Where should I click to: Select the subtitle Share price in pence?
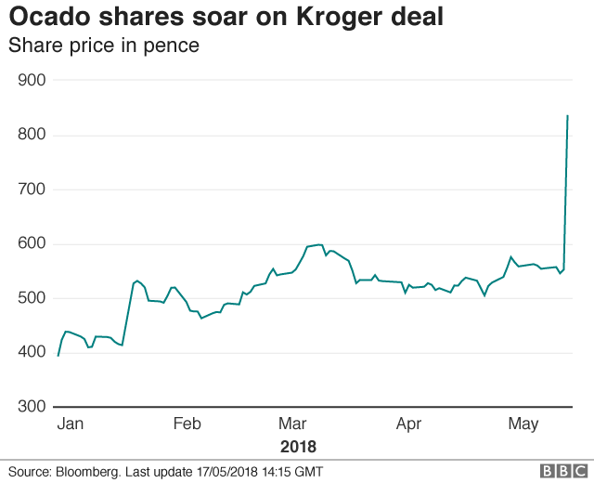[104, 45]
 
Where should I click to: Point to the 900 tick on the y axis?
[32, 81]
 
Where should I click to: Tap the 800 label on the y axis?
[32, 136]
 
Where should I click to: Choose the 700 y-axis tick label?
[32, 189]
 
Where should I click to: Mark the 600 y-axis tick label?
[32, 244]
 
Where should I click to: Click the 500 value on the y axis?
[32, 298]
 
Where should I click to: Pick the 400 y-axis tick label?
[32, 352]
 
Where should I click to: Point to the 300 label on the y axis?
[32, 407]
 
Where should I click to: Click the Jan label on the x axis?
[71, 424]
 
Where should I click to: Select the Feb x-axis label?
[187, 424]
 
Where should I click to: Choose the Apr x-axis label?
[409, 424]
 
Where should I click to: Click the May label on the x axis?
[523, 424]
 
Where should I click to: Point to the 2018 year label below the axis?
[298, 446]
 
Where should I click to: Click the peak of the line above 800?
[567, 116]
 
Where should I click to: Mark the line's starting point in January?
[58, 356]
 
